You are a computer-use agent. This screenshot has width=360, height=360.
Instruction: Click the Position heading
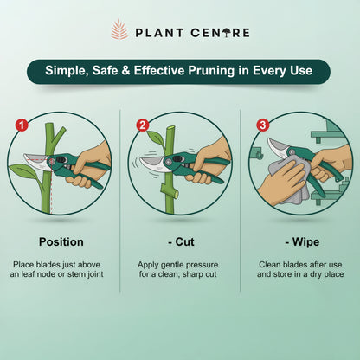tap(61, 241)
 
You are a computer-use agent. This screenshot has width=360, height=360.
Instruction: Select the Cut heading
tap(181, 241)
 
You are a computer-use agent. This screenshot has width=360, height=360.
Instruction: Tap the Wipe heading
tap(300, 241)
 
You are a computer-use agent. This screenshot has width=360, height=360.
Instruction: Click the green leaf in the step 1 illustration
tap(26, 171)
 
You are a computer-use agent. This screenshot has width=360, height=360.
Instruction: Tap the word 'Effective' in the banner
tap(167, 71)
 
